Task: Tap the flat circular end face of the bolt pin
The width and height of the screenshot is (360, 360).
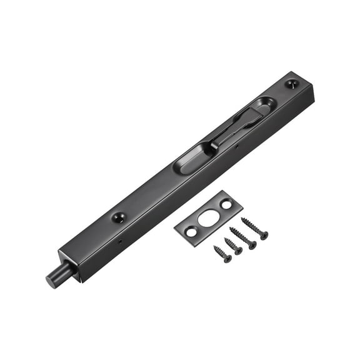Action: [x=51, y=280]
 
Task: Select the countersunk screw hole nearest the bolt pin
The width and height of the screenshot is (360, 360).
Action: [x=118, y=217]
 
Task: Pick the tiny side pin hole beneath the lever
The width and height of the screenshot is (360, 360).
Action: [x=237, y=147]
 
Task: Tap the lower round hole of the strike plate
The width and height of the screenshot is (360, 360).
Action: [x=191, y=232]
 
